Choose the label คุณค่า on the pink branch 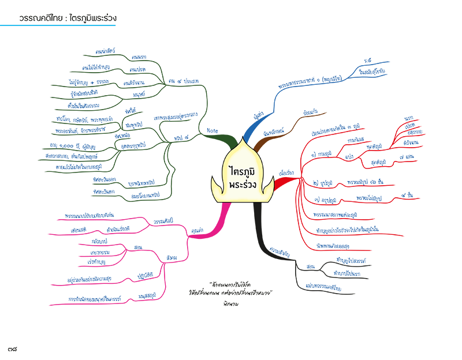click(195, 230)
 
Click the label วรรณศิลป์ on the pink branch click(164, 222)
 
